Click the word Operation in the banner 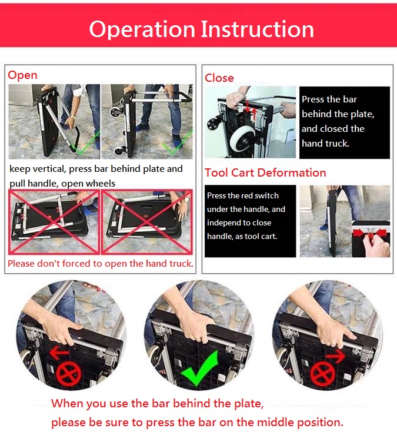tap(142, 29)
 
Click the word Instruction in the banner tap(257, 29)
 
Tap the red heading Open tap(22, 75)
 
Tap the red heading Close tap(219, 78)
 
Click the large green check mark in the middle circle tap(199, 368)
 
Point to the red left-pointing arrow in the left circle tap(59, 353)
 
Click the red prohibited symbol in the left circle tap(69, 373)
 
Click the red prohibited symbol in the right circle tap(323, 373)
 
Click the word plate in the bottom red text tap(248, 404)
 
